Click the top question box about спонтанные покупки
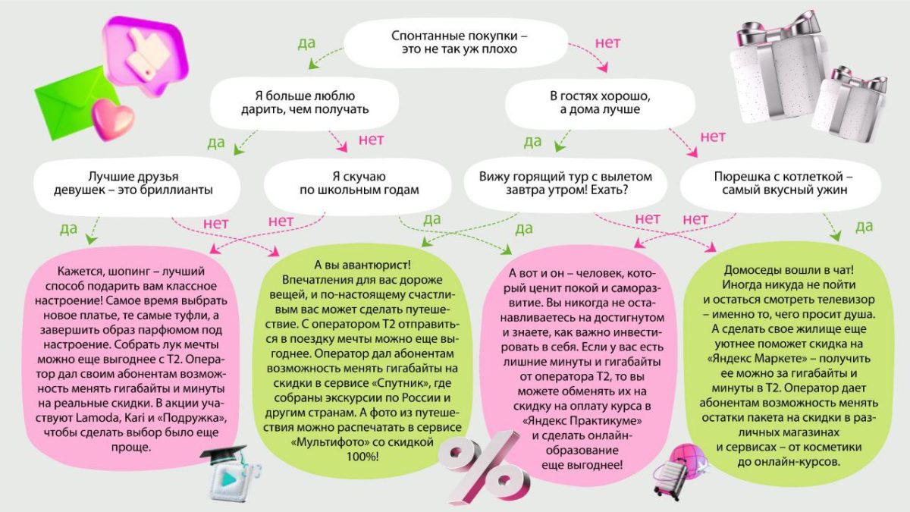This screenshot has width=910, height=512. coord(456,42)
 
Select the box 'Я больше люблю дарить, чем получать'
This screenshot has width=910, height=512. coord(305,103)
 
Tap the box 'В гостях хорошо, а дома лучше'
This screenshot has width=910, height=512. coord(600,103)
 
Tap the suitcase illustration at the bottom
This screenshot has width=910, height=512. coord(670,479)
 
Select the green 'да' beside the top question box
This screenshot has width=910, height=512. coord(306,43)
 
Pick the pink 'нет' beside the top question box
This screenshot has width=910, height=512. coord(607,42)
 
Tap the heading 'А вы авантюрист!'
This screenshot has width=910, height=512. coord(362,265)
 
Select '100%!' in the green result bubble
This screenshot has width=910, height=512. coord(362,457)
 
